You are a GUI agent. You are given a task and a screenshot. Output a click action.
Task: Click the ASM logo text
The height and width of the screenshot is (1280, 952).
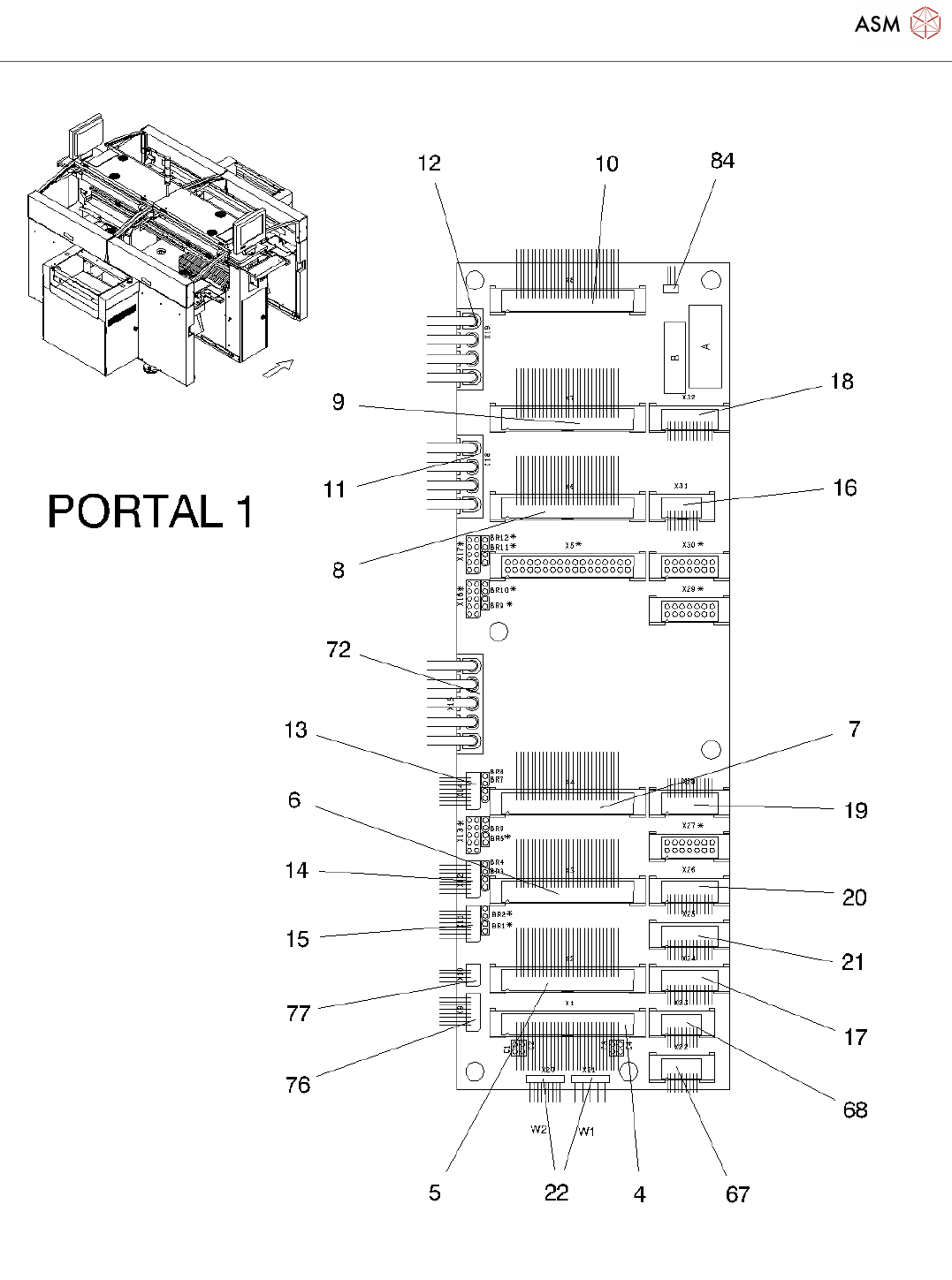[x=877, y=24]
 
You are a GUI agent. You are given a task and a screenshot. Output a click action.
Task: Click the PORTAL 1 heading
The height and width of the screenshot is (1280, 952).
[x=150, y=511]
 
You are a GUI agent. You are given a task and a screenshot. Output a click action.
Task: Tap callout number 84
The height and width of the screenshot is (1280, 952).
[x=722, y=161]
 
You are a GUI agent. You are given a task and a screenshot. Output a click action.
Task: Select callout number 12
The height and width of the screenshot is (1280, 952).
[x=429, y=163]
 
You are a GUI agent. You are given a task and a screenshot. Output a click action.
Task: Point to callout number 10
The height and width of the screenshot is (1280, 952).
[x=606, y=164]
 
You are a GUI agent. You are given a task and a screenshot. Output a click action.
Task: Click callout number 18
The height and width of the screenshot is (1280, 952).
[x=842, y=382]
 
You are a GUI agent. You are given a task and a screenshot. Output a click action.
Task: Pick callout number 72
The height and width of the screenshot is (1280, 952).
[x=339, y=650]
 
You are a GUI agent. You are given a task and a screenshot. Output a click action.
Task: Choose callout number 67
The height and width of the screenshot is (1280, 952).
[x=737, y=1194]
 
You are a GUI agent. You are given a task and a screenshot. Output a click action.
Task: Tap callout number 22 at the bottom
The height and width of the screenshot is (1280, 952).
[x=556, y=1193]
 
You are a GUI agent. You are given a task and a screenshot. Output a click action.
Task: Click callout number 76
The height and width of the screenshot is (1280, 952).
[x=298, y=1085]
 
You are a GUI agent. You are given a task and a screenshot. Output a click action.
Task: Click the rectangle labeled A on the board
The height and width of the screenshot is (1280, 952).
[x=705, y=346]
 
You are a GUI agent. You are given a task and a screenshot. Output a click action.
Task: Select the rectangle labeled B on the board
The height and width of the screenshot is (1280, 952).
[x=674, y=358]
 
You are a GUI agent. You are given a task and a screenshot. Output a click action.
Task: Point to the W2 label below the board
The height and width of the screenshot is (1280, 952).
[x=538, y=1130]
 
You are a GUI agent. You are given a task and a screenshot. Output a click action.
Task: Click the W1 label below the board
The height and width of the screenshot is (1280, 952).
[x=586, y=1132]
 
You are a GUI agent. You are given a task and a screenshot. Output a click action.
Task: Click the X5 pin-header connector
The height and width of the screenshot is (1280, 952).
[x=567, y=565]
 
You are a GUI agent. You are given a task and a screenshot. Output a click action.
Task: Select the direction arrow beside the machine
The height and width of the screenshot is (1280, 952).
[x=277, y=368]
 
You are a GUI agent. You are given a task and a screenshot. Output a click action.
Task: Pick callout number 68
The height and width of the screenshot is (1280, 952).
[x=855, y=1110]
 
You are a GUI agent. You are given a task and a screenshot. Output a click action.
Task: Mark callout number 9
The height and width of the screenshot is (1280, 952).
[x=338, y=403]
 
